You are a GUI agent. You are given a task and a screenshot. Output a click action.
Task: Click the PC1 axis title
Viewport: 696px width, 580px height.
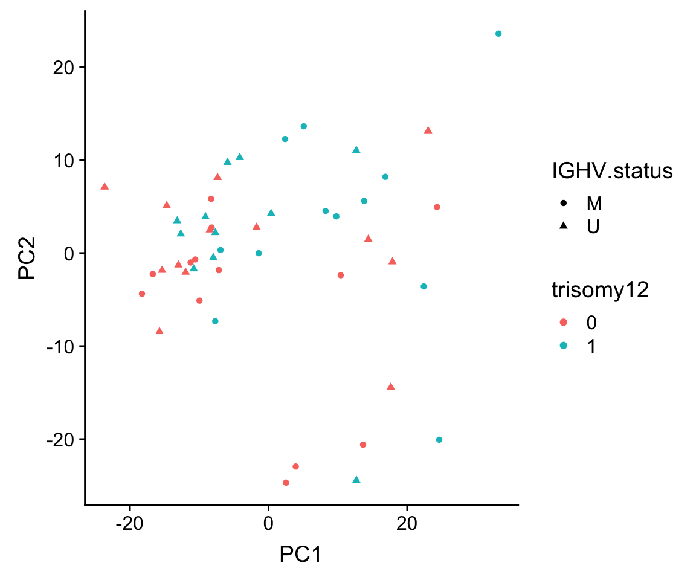(x=300, y=553)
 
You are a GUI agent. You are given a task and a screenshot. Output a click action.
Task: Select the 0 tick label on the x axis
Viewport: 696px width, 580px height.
(x=268, y=522)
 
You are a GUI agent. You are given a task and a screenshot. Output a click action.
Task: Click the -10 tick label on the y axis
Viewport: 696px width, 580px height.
(x=60, y=346)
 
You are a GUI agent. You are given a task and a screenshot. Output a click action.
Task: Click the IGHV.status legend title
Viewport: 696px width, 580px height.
(x=612, y=171)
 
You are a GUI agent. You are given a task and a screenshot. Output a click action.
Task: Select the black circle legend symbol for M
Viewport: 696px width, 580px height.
(x=563, y=204)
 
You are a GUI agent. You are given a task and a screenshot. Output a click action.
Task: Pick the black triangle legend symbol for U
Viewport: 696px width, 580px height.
(x=563, y=225)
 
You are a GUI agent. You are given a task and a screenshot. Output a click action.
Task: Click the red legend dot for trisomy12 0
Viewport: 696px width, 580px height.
(x=563, y=323)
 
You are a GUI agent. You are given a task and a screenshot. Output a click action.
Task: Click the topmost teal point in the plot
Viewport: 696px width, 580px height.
(x=498, y=34)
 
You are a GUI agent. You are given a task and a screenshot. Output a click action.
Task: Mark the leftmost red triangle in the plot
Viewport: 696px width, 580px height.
(x=105, y=186)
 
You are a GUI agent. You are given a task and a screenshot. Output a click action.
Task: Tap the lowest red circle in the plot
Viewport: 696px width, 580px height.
(x=286, y=483)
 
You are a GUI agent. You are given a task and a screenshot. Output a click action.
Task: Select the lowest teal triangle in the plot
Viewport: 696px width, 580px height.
(x=356, y=480)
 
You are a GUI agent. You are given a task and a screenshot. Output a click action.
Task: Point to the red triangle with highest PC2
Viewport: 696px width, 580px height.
(x=428, y=130)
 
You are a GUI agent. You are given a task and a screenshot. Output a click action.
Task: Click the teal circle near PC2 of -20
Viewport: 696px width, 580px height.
(x=439, y=440)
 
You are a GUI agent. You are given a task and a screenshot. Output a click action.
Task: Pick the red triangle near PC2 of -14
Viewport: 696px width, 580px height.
(x=391, y=386)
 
